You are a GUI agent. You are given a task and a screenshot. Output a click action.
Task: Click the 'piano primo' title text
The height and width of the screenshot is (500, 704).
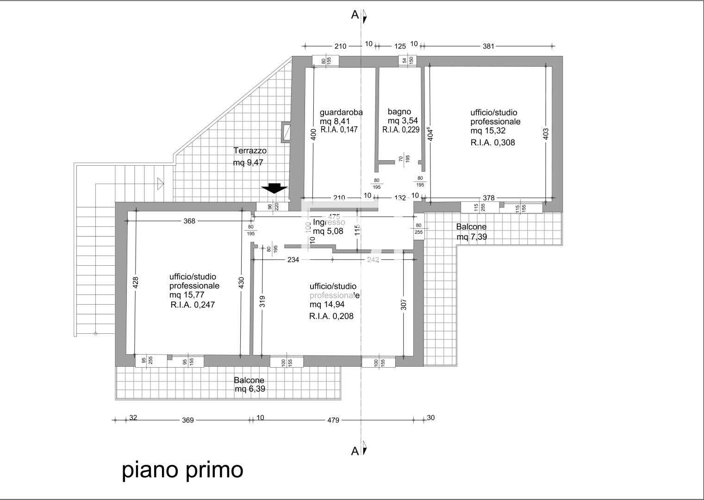coord(182,470)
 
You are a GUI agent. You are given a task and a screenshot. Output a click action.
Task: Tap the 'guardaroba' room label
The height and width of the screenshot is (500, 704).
coord(341,112)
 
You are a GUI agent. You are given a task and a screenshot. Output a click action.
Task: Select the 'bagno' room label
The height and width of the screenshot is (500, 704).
coord(399,112)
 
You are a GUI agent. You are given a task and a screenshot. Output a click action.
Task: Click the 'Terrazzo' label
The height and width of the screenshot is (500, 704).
coord(250,150)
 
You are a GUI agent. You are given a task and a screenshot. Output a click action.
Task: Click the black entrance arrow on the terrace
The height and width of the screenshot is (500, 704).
coord(274,188)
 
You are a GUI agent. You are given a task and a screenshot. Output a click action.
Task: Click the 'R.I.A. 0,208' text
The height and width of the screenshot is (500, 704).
coord(334,317)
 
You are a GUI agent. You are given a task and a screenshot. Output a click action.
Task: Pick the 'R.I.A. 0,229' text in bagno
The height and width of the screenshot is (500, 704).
coord(401,130)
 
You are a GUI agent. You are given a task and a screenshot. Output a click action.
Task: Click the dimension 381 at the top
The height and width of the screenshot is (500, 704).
coord(488,46)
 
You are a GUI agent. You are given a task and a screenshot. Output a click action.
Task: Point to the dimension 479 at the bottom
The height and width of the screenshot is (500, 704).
coord(333,420)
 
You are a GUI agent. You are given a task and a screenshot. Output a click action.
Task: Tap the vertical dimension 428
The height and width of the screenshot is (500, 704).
coord(136,283)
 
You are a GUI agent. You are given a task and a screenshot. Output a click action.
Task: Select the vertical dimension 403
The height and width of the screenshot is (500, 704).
coord(546,134)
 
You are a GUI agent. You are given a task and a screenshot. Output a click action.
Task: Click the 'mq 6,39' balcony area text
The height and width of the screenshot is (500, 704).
coord(250,389)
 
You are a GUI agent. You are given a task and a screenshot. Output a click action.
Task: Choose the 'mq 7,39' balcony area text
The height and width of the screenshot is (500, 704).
coord(472,237)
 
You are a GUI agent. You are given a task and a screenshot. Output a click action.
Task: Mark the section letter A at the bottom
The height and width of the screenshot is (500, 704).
coord(355,451)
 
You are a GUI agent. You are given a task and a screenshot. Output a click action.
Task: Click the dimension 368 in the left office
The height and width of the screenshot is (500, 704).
coord(189,221)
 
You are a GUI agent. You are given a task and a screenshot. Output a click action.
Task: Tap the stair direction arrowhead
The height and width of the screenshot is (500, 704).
coord(161,184)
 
